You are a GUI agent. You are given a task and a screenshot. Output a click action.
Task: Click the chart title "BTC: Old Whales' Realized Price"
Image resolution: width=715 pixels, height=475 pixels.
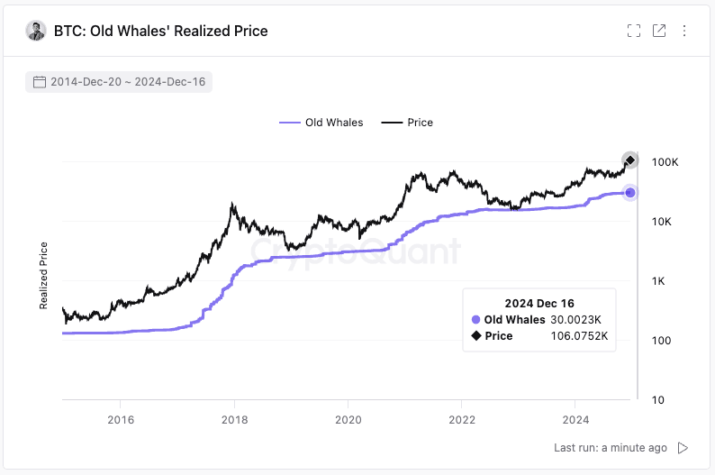(x=160, y=31)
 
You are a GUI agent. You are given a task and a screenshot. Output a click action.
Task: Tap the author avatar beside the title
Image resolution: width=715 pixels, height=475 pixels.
(x=36, y=31)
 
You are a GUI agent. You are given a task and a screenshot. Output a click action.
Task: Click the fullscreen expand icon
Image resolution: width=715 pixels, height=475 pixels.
(x=634, y=31)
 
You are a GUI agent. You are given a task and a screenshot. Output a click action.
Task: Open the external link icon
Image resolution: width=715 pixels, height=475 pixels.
(x=659, y=31)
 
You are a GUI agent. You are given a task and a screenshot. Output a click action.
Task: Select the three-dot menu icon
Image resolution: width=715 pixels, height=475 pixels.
(x=684, y=31)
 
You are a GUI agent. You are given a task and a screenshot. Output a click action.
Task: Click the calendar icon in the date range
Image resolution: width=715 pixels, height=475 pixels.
(x=39, y=82)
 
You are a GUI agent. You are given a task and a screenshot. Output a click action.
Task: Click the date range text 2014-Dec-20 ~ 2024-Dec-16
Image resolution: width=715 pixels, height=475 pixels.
(x=128, y=82)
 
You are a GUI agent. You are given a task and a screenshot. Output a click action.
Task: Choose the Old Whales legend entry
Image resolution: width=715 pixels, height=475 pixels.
(x=321, y=123)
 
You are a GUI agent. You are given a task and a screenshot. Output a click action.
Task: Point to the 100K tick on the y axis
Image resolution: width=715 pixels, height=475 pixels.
(x=665, y=162)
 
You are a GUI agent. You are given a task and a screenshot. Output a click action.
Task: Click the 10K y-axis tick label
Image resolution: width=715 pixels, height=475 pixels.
(x=665, y=222)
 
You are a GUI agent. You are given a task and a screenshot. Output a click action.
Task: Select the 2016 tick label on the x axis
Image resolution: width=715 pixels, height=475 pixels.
(x=120, y=419)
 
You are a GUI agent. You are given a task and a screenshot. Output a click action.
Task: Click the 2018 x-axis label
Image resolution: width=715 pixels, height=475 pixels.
(x=234, y=419)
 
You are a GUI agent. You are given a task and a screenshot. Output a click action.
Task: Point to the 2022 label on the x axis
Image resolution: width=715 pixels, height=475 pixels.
(x=461, y=419)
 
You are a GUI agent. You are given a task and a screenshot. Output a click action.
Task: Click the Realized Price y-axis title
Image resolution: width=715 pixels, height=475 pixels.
(x=43, y=274)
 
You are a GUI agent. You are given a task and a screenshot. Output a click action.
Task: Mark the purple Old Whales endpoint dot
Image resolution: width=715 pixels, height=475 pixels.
(x=630, y=193)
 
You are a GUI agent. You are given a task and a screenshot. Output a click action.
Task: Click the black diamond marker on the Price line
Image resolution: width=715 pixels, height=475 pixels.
(x=630, y=160)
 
